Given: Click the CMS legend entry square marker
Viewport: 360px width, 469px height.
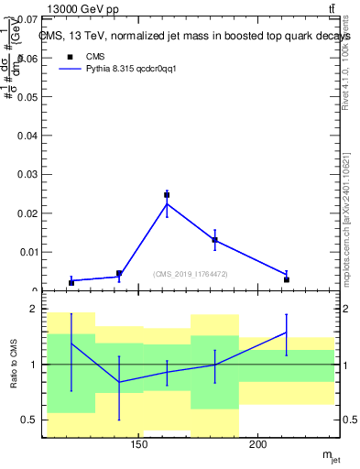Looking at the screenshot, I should [70, 56].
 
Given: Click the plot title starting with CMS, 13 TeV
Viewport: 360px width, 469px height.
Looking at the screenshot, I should [194, 36].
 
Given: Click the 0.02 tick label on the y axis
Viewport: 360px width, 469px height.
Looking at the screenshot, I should [30, 213].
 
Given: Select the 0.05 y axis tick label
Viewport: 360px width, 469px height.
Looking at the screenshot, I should [30, 96].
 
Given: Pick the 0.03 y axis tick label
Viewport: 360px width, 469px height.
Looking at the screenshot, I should [30, 174].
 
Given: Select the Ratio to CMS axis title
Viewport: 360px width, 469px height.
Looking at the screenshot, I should [15, 365].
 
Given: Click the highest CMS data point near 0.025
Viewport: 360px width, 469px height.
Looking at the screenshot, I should [167, 194].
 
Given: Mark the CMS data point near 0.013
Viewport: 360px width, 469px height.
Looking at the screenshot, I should [214, 240].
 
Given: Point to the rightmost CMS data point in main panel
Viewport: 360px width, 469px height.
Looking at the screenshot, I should [286, 279].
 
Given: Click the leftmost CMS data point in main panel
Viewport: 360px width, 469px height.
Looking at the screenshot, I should [71, 282].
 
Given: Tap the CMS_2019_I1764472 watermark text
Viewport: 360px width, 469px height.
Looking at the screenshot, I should [191, 274].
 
